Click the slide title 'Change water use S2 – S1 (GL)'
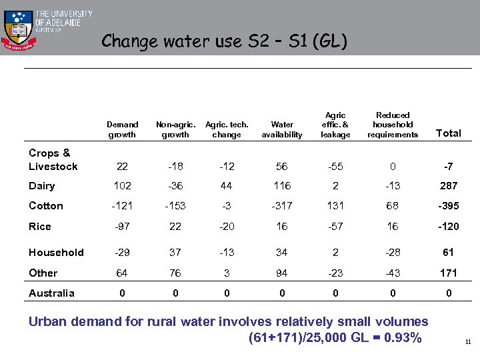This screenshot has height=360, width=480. click(224, 41)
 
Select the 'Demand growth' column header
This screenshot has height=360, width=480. click(122, 129)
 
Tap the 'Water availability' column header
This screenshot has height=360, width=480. click(282, 129)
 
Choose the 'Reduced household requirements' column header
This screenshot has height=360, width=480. click(393, 125)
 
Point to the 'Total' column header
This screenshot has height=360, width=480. click(448, 133)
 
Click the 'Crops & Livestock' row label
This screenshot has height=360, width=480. click(53, 160)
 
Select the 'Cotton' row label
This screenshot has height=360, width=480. click(45, 206)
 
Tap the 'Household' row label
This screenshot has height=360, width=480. click(56, 253)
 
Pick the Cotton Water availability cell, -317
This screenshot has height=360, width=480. click(282, 206)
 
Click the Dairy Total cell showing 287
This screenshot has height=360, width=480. click(448, 186)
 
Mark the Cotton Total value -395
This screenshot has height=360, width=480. click(448, 206)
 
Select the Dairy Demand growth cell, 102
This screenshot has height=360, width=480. click(122, 186)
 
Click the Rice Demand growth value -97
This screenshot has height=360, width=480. click(122, 227)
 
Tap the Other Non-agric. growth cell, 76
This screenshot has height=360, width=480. click(175, 273)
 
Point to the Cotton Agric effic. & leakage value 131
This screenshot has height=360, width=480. click(335, 206)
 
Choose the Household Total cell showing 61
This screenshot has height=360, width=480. click(448, 253)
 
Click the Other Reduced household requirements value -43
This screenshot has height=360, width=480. click(393, 273)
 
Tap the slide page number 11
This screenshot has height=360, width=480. click(468, 342)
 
